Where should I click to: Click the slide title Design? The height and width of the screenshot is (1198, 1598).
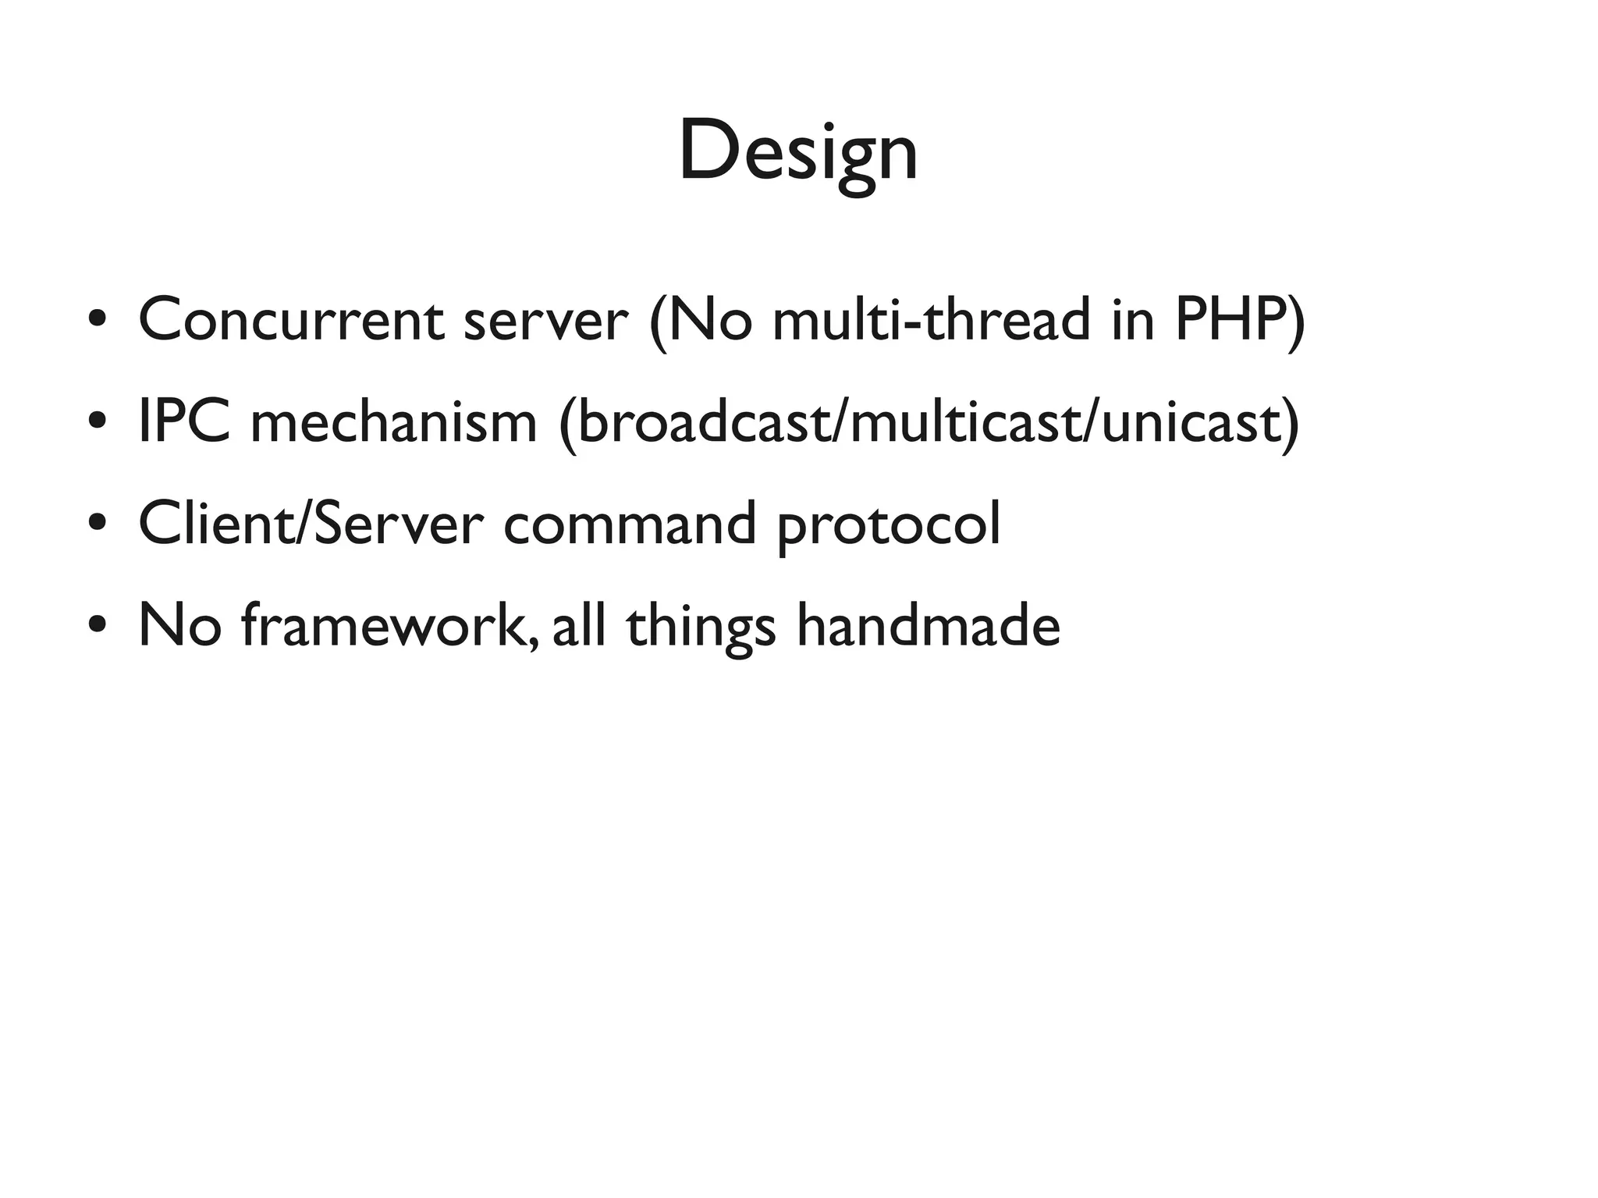point(797,152)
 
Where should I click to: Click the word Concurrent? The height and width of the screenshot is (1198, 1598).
point(291,320)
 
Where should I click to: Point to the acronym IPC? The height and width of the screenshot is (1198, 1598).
point(184,421)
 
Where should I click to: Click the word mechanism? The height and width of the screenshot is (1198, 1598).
point(393,421)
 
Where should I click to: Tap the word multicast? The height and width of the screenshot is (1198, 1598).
point(961,421)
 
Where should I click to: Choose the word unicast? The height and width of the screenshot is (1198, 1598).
point(1190,421)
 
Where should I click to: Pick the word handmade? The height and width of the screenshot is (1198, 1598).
point(928,625)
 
